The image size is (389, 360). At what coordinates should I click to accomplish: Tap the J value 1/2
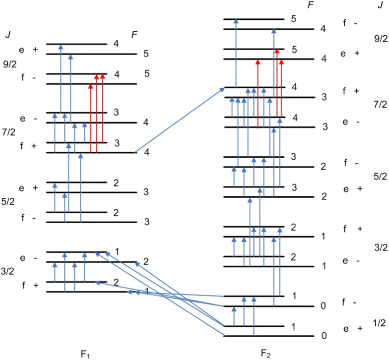[379, 323]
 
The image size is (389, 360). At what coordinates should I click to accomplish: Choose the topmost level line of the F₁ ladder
[77, 44]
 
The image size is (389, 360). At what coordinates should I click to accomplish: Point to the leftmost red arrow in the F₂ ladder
[258, 94]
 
